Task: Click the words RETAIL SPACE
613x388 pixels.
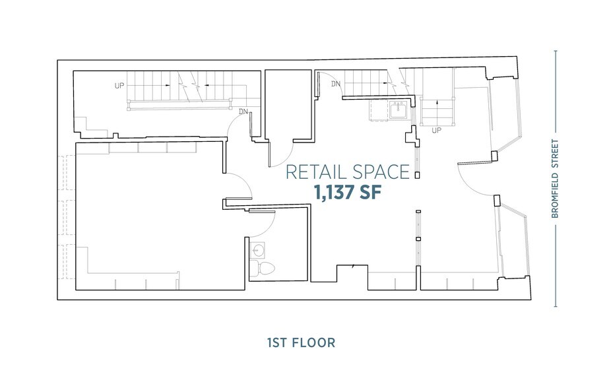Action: click(347, 172)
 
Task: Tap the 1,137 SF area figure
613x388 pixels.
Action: click(348, 193)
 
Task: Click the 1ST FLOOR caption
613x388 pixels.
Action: click(301, 342)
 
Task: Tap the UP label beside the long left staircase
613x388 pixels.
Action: click(119, 86)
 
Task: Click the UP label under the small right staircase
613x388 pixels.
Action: click(436, 131)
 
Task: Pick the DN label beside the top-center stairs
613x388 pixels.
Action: click(336, 84)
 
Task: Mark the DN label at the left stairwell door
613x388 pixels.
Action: click(243, 112)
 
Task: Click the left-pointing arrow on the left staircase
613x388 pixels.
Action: click(206, 86)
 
